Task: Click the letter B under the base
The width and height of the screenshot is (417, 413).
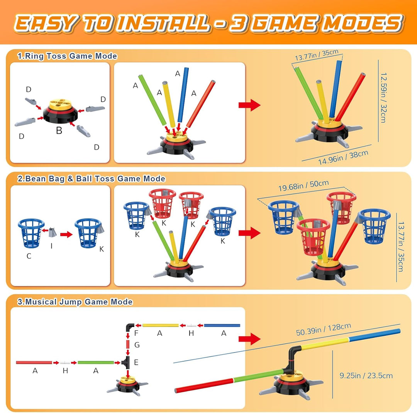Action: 59,130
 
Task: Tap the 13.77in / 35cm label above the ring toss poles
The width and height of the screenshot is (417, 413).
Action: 317,55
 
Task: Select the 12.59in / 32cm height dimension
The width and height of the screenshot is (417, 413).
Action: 383,98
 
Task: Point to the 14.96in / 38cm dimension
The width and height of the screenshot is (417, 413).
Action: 343,157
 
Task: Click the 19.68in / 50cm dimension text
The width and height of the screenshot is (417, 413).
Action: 303,185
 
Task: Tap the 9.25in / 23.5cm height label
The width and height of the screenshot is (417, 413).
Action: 366,376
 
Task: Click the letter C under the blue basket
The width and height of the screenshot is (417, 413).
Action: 29,256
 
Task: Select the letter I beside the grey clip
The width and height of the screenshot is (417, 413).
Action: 52,246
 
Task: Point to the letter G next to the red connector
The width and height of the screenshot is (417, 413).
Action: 137,345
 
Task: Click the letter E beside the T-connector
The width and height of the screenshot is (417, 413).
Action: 136,362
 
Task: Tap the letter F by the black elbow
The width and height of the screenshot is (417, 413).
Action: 136,333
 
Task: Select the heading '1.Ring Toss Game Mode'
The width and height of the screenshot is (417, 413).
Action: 67,56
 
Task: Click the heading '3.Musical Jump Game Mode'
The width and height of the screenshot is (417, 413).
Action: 75,302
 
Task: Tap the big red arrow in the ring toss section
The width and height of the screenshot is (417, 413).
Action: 249,105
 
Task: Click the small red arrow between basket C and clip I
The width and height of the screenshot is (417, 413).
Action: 45,230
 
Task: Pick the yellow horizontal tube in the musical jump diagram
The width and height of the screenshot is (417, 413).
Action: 160,325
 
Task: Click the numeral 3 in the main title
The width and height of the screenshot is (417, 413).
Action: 237,23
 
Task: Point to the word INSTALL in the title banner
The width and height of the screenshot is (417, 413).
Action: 163,23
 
